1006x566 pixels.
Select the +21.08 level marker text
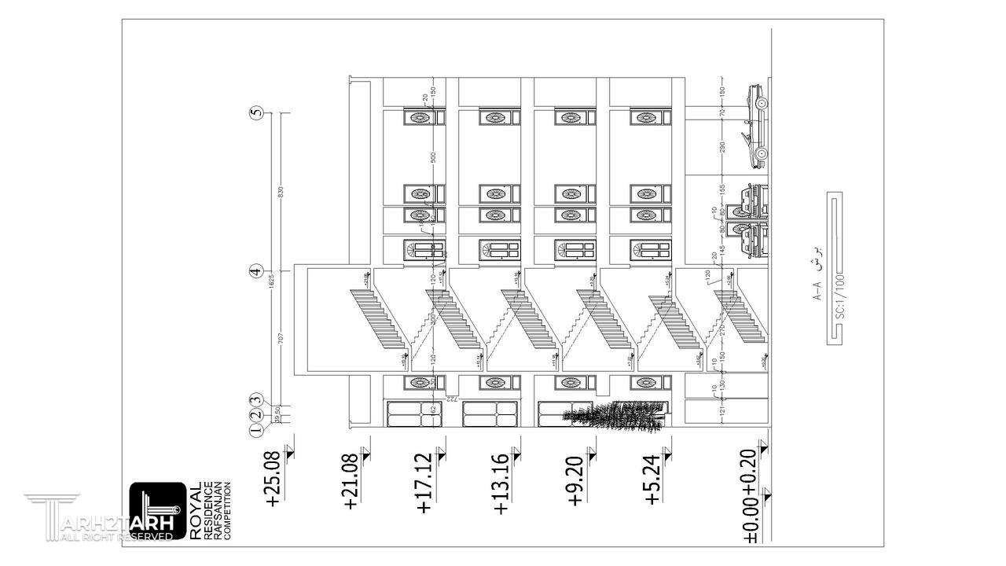(x=351, y=481)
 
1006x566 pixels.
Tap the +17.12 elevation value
(x=424, y=483)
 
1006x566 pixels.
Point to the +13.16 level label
(x=501, y=483)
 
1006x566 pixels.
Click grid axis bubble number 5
(x=255, y=112)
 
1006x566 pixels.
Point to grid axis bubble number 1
(x=255, y=429)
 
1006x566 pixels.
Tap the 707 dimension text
(x=281, y=339)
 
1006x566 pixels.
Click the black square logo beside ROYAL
(x=158, y=511)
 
